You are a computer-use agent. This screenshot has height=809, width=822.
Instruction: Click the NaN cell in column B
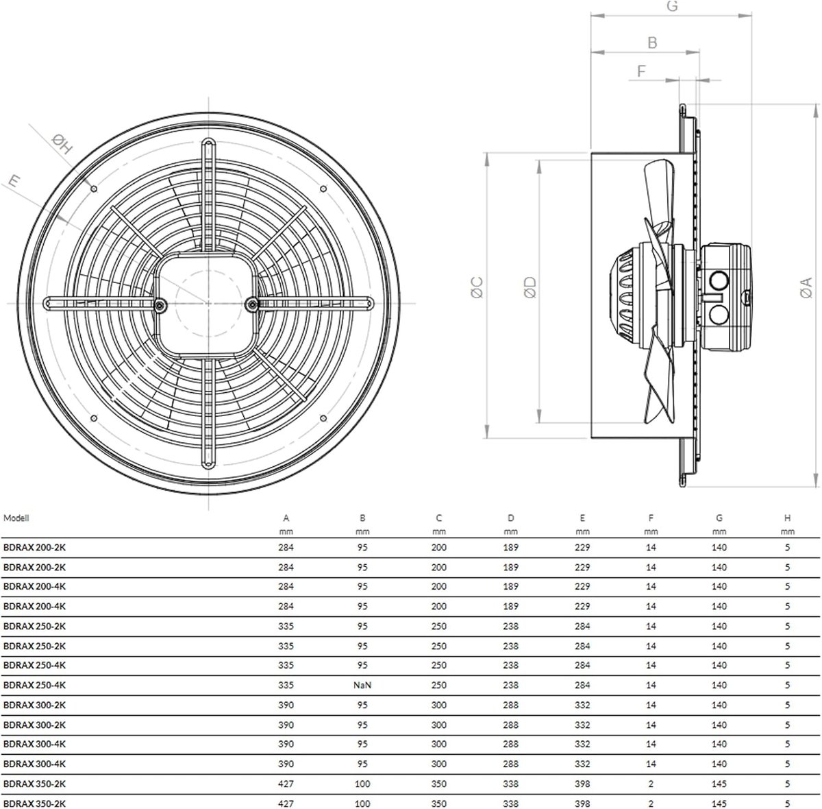362,685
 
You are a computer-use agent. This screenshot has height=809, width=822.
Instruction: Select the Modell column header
16,518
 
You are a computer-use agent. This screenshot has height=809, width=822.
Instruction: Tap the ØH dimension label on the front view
62,144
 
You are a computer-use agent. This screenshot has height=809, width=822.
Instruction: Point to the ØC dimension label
477,287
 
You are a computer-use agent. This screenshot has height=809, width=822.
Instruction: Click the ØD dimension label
530,287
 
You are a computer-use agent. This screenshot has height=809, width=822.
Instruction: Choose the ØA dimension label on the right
806,287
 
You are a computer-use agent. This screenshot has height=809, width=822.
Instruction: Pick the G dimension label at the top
672,6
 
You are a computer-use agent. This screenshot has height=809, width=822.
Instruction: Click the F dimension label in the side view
641,71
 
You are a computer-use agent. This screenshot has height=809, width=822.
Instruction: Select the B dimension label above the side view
652,43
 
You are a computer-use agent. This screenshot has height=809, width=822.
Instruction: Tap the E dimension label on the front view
14,181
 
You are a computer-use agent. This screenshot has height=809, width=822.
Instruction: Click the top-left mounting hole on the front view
95,189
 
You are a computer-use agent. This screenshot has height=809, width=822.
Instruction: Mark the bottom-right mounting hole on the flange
323,418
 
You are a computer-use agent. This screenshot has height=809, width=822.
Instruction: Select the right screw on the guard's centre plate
252,304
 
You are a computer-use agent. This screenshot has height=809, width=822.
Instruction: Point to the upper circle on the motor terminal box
719,281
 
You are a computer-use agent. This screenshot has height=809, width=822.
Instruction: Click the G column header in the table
719,518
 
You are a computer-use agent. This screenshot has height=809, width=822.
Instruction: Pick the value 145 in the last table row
719,804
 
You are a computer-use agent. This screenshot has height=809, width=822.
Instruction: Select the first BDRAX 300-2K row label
34,705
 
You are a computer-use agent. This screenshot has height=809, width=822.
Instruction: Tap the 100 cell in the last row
362,804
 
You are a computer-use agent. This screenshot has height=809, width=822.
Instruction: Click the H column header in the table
788,518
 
